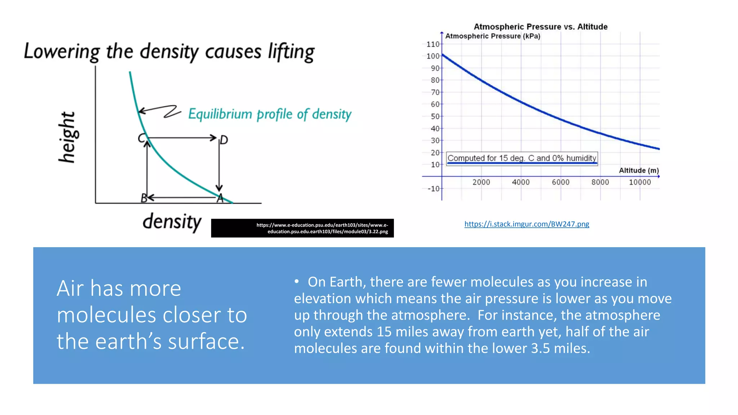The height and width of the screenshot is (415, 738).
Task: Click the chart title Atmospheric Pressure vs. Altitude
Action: pyautogui.click(x=540, y=27)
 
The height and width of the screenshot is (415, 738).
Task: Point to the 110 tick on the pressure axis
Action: pyautogui.click(x=433, y=44)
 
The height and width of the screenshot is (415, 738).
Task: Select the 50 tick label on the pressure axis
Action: pyautogui.click(x=435, y=116)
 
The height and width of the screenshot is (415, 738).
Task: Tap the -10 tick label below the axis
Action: pyautogui.click(x=434, y=189)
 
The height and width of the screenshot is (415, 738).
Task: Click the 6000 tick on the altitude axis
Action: pyautogui.click(x=560, y=182)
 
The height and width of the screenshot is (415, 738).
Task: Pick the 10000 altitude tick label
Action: pyautogui.click(x=640, y=182)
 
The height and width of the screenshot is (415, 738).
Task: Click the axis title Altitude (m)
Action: pyautogui.click(x=639, y=170)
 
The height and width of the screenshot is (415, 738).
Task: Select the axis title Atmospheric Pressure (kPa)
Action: pyautogui.click(x=493, y=36)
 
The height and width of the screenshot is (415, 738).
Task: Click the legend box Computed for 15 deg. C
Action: pyautogui.click(x=522, y=158)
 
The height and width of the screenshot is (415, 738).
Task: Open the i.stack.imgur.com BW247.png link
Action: pyautogui.click(x=526, y=224)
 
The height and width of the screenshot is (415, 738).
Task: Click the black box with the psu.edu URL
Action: pyautogui.click(x=302, y=228)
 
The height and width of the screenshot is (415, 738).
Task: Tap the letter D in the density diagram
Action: pyautogui.click(x=224, y=140)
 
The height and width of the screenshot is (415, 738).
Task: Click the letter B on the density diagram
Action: pyautogui.click(x=144, y=198)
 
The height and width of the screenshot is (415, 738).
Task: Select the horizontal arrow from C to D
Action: pyautogui.click(x=182, y=138)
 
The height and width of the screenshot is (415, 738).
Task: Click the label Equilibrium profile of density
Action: pyautogui.click(x=270, y=114)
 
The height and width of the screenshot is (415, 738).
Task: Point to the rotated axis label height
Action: pyautogui.click(x=67, y=137)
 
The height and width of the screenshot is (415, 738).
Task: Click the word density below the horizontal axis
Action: pyautogui.click(x=172, y=221)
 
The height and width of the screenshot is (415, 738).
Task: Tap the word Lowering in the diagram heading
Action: pyautogui.click(x=62, y=52)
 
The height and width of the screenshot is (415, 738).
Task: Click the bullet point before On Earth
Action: pyautogui.click(x=297, y=281)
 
